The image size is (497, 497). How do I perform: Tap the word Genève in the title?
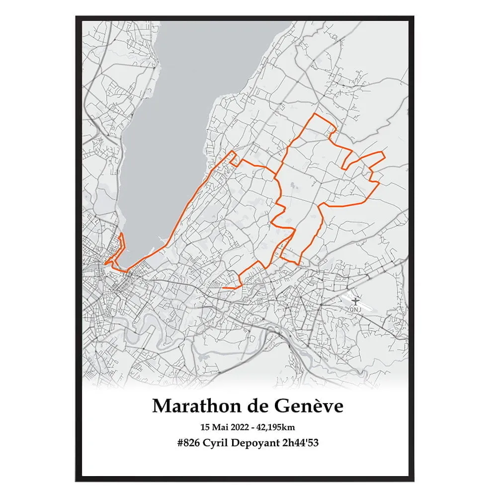[x=309, y=406]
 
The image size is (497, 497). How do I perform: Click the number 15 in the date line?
[x=205, y=427]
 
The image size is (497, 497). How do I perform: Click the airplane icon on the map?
[x=355, y=301]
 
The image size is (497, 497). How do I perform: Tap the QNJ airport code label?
[x=355, y=309]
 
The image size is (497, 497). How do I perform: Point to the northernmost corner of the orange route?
[x=313, y=114]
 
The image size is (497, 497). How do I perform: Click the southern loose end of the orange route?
[x=223, y=287]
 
